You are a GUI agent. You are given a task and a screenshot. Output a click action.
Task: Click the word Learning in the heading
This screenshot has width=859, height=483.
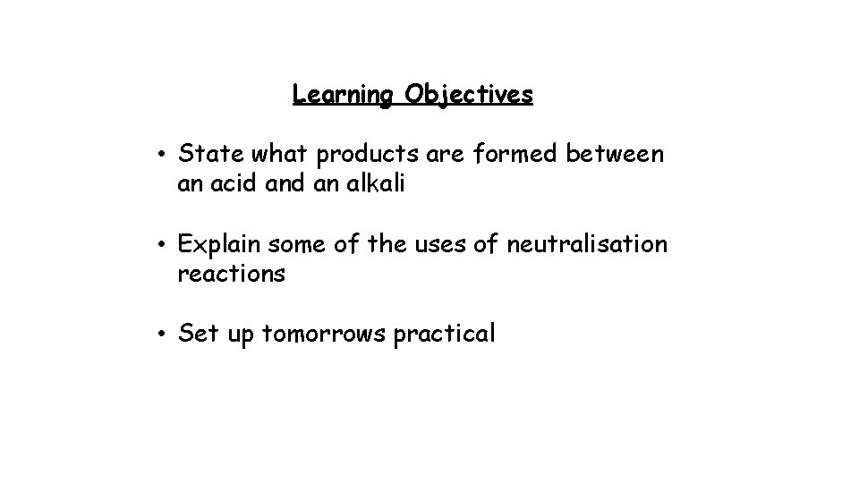tap(343, 94)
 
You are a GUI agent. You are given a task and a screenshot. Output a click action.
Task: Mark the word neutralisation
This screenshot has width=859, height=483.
tap(587, 244)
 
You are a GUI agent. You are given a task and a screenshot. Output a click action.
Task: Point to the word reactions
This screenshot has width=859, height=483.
tap(232, 275)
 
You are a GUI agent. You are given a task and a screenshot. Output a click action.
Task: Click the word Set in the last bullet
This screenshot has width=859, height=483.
tap(195, 334)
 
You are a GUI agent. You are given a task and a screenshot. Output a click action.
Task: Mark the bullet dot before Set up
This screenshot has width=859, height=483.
tap(157, 335)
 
